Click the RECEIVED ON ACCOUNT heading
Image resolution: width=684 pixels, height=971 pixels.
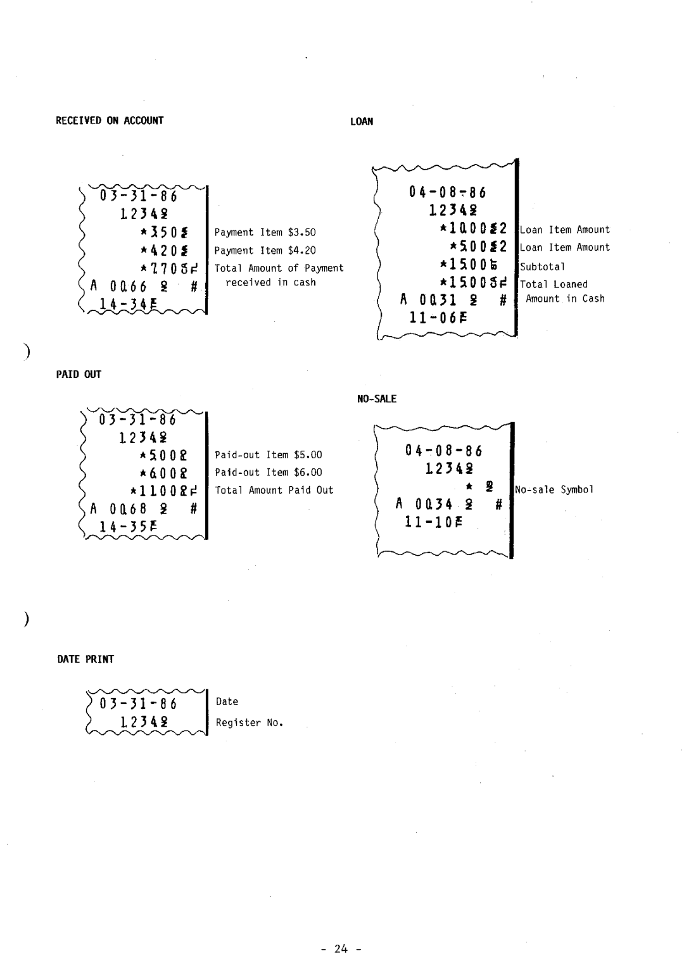click(110, 120)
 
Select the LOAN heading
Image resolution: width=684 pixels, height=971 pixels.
click(362, 122)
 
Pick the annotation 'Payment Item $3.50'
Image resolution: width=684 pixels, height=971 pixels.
click(265, 232)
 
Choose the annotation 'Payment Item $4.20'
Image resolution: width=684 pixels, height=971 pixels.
click(265, 250)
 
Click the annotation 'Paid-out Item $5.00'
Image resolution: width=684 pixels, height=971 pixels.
click(269, 454)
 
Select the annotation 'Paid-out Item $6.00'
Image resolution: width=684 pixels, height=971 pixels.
click(269, 472)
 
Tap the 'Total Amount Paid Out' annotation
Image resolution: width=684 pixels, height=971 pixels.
click(274, 490)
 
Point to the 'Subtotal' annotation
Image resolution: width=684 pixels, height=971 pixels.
click(542, 266)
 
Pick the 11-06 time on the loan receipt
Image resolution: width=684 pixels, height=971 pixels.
click(433, 318)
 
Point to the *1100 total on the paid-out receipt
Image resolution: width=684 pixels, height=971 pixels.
click(162, 491)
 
